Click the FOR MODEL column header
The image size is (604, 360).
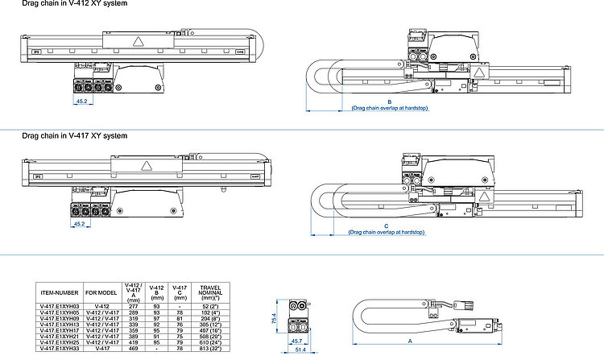point(102,293)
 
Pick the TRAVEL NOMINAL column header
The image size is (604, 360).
point(209,292)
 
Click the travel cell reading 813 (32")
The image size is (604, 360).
point(209,349)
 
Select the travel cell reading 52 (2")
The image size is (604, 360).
point(209,307)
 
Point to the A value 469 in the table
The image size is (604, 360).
point(133,349)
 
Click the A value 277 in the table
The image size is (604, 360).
point(133,307)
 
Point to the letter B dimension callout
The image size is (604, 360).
point(389,102)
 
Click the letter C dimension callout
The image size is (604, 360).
point(386,226)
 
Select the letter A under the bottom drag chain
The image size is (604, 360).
point(411,341)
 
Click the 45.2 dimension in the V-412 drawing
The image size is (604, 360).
point(81,102)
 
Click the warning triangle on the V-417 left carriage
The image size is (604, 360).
point(147,166)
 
